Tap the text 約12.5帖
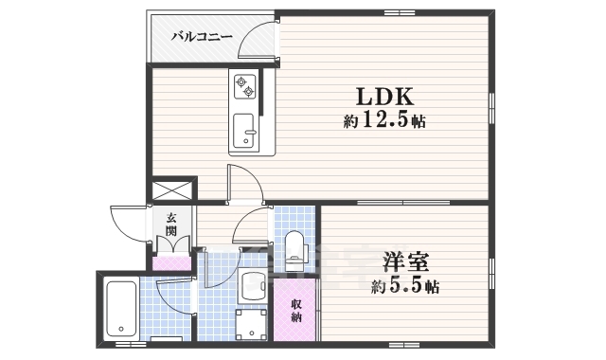pos(383,120)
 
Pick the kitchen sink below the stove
pos(243,129)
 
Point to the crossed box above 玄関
pos(171,190)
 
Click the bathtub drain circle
pos(120,331)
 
